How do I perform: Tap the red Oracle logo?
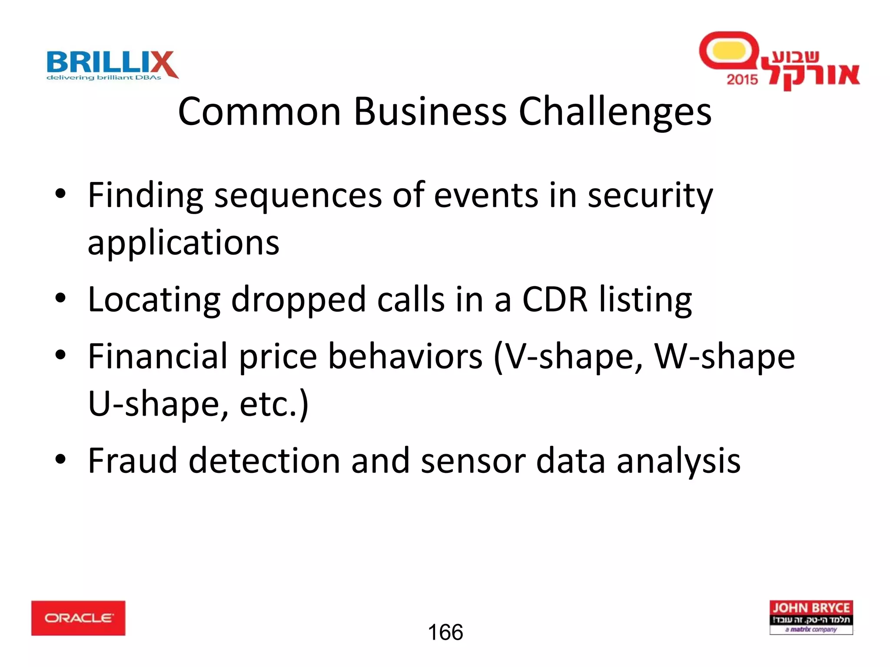coord(78,618)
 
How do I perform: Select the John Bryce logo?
coord(811,617)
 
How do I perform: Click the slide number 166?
coord(445,632)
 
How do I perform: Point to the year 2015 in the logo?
coord(742,79)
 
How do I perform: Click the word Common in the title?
coord(259,112)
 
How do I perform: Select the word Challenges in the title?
coord(615,112)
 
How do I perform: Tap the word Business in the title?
coord(430,112)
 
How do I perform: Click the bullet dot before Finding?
coord(60,194)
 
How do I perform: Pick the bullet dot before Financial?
coord(60,355)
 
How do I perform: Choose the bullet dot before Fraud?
coord(60,459)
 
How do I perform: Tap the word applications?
coord(183,243)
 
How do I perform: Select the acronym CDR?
coord(555,299)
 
